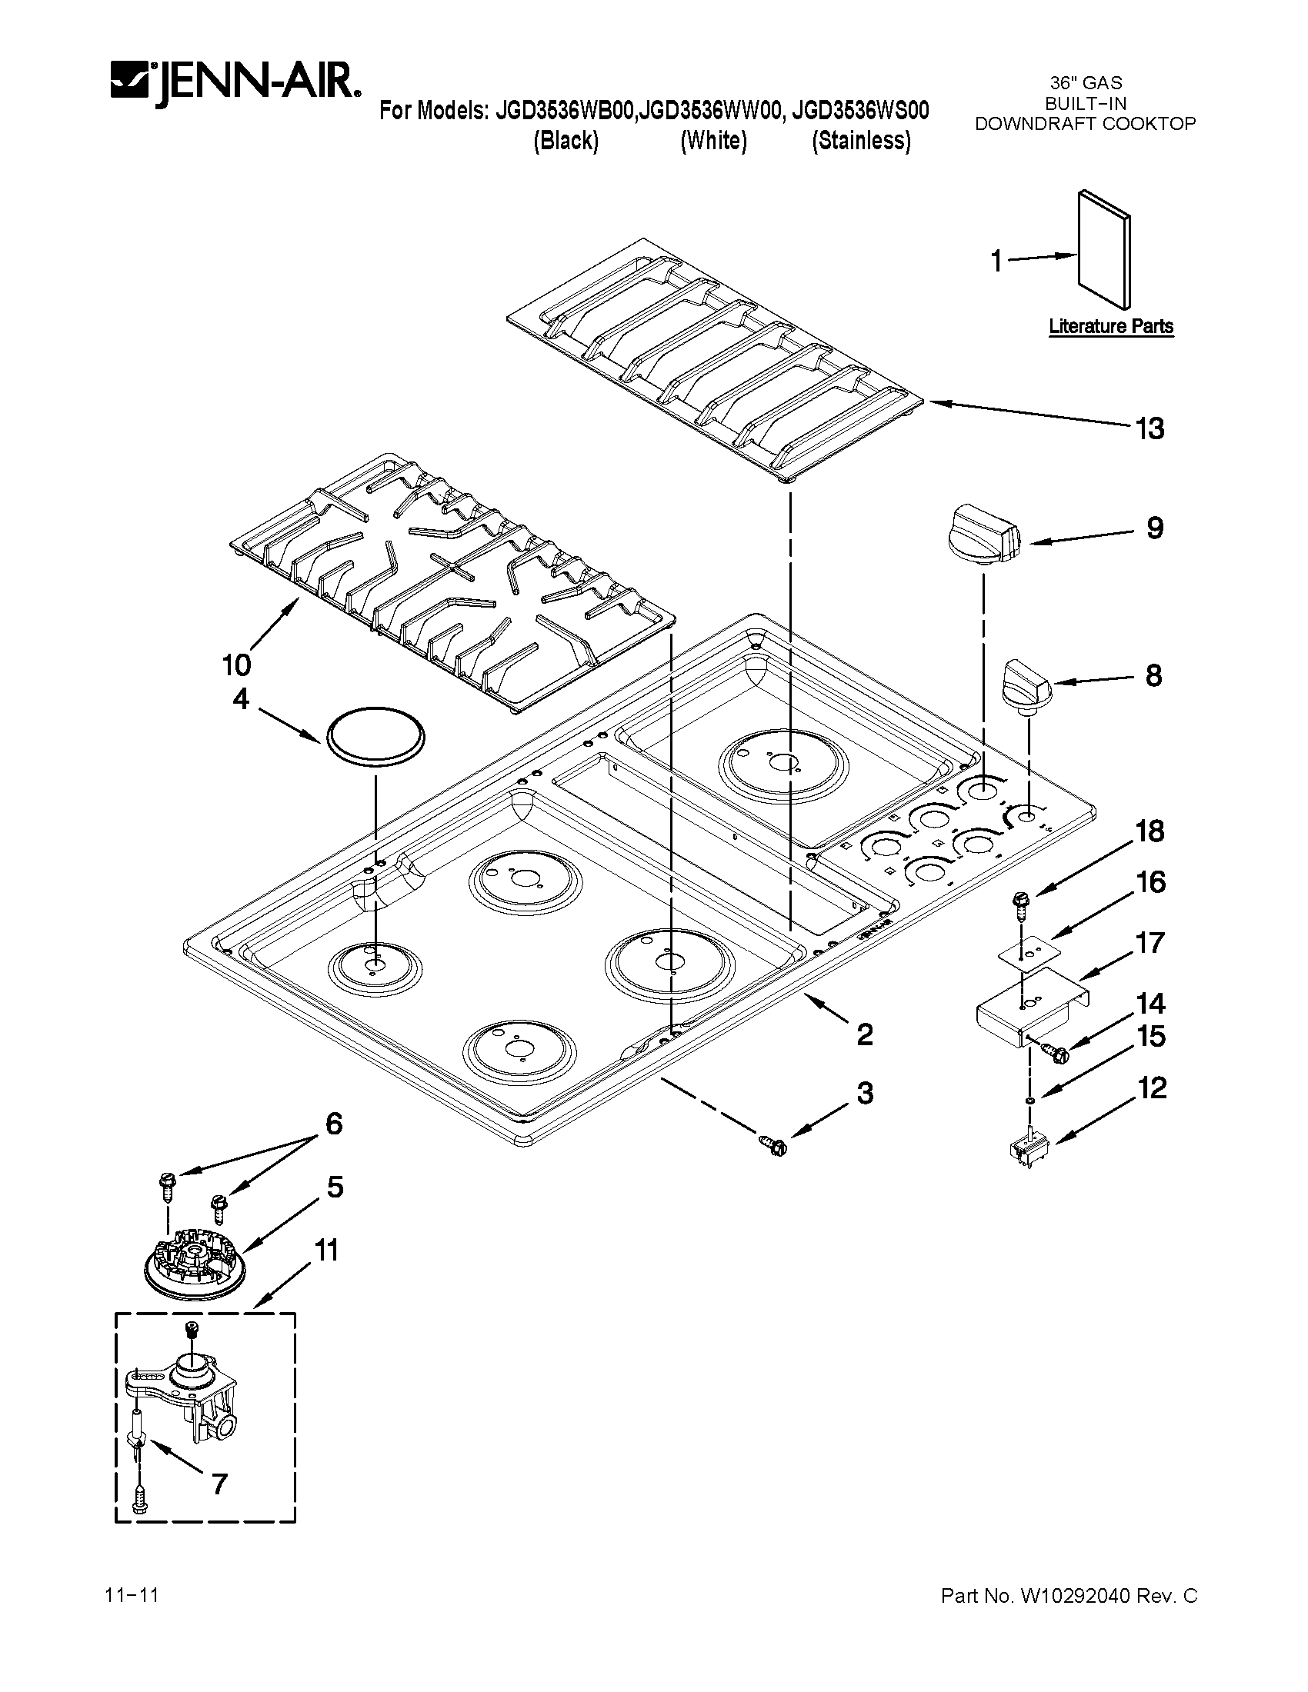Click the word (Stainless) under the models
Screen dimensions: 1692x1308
coord(861,141)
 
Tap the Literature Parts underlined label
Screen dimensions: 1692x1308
coord(1110,327)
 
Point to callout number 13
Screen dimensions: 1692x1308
coord(1150,428)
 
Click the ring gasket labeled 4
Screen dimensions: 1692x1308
coord(375,736)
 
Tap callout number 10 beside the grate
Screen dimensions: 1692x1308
coord(236,664)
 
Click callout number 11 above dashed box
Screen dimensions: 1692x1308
coord(326,1251)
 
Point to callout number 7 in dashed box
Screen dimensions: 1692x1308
coord(219,1484)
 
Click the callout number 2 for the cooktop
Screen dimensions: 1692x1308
coord(865,1034)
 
